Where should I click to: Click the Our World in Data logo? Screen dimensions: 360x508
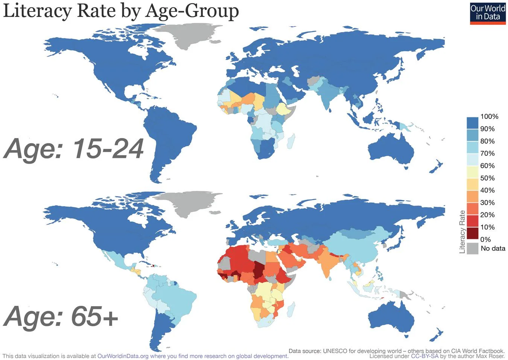click(488, 13)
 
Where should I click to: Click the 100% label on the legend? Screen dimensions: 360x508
click(489, 117)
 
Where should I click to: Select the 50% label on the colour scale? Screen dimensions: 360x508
click(487, 178)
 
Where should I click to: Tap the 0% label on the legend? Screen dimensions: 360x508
click(485, 240)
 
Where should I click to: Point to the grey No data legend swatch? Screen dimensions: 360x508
click(472, 249)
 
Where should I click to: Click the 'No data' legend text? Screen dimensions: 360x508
click(493, 248)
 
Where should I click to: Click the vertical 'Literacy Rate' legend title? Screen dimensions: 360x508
click(462, 232)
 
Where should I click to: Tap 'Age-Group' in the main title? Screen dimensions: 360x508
click(192, 11)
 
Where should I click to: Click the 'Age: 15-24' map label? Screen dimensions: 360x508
click(74, 149)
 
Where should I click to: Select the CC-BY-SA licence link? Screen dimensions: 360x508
click(424, 356)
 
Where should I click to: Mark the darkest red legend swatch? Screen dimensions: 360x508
click(472, 234)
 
